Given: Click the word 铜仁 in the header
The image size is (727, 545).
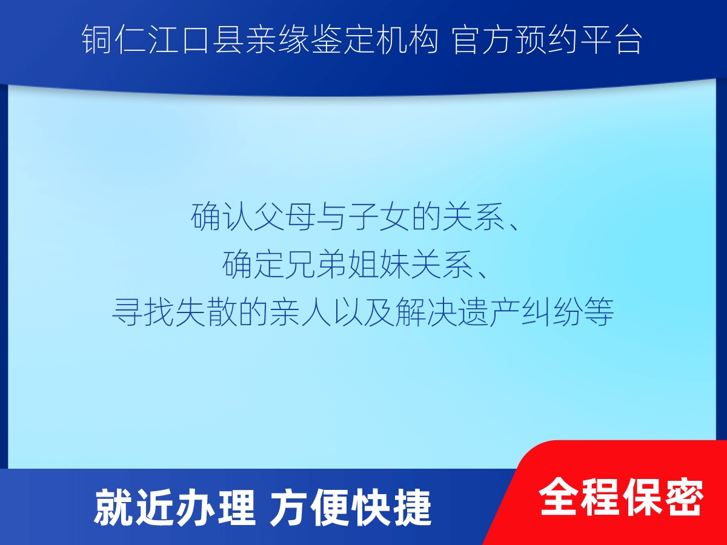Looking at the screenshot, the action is tap(114, 40).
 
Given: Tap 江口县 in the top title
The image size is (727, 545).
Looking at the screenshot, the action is tap(196, 40).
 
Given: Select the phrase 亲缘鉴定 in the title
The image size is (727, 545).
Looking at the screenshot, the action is tap(309, 40).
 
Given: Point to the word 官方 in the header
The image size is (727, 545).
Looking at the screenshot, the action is tap(483, 40).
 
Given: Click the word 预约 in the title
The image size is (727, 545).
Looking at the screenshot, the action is tap(548, 40).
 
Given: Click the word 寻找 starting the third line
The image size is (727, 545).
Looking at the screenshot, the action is tap(144, 312).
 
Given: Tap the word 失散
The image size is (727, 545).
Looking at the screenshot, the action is tap(207, 312).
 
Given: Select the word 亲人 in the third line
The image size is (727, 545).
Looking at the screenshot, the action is tap(300, 312).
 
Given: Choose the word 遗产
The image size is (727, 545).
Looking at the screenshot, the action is tap(490, 312).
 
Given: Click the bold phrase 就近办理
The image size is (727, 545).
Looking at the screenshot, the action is tap(174, 508).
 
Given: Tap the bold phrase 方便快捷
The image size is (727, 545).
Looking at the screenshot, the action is tap(351, 508).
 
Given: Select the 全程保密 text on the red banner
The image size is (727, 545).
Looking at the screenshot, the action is tap(622, 497).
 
